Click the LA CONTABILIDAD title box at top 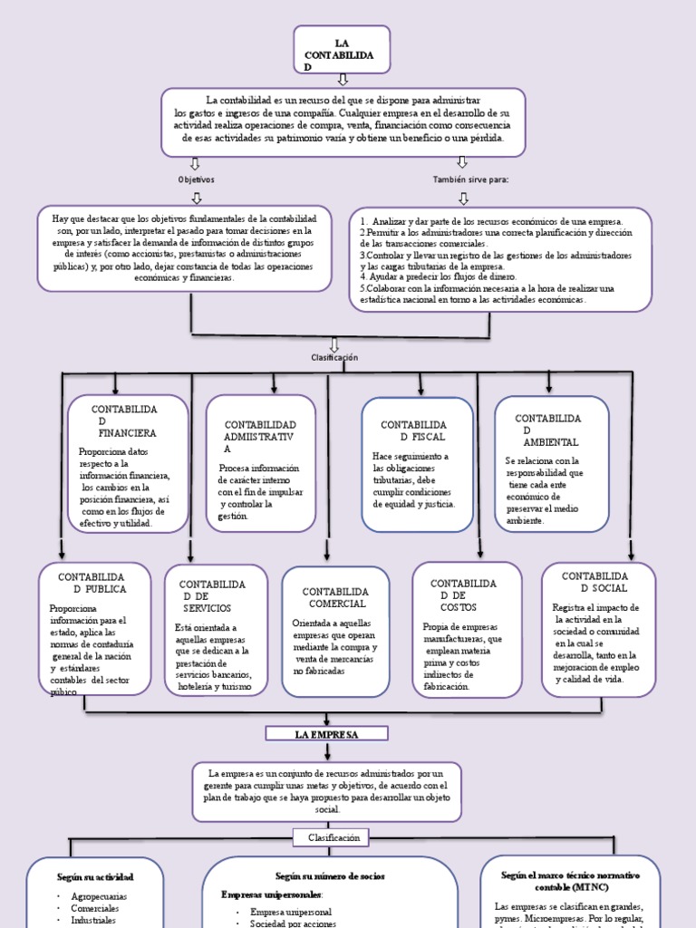(342, 50)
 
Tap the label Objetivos (196, 179)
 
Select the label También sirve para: (470, 179)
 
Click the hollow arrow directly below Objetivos (196, 197)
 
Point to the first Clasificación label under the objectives (334, 357)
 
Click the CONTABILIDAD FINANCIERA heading (125, 421)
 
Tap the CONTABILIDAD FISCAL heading (413, 430)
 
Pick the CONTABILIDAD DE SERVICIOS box (216, 628)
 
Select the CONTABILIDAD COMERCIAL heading (335, 597)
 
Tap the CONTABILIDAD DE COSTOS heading (463, 594)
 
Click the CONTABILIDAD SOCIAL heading (594, 582)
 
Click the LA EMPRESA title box (326, 733)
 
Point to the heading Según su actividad (95, 877)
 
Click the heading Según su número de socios (330, 876)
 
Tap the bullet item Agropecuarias (99, 896)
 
